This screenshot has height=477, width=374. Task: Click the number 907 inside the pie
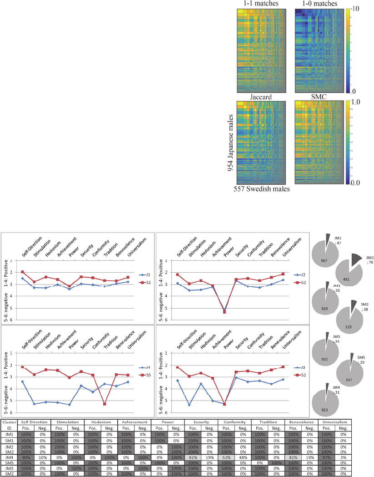tap(324, 261)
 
